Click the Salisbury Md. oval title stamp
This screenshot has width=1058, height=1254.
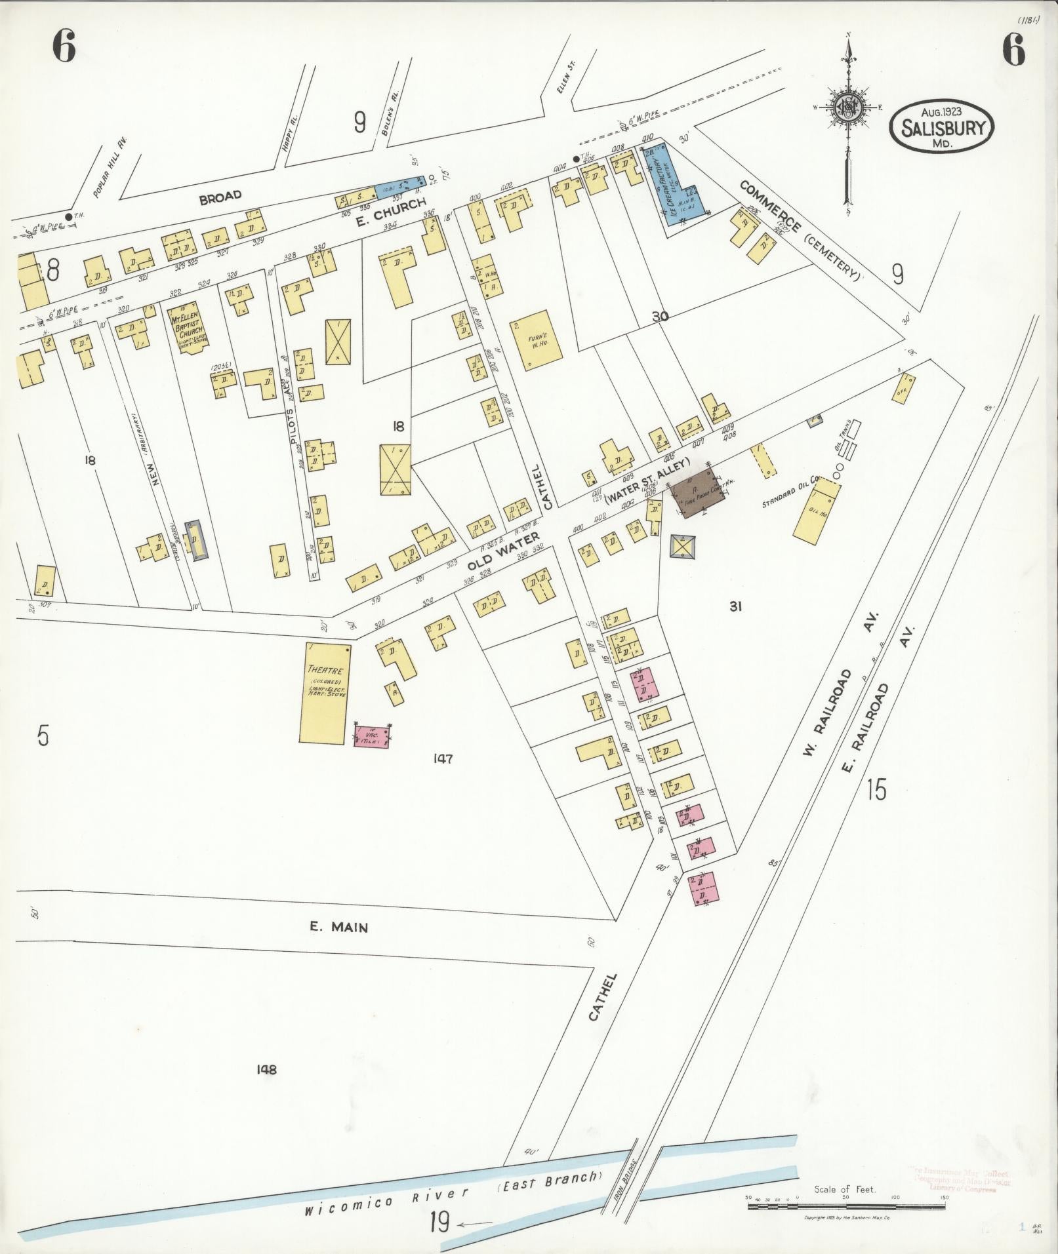[x=942, y=127]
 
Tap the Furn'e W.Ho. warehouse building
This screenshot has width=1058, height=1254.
[x=542, y=341]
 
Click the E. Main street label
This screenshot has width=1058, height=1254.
[x=338, y=927]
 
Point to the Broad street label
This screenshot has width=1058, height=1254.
[x=220, y=196]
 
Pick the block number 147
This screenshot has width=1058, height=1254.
[x=443, y=759]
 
